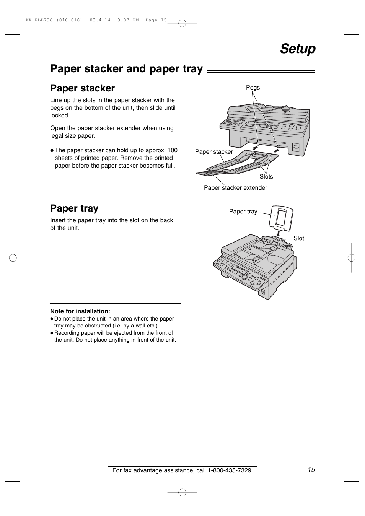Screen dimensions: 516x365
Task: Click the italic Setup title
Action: pyautogui.click(x=298, y=49)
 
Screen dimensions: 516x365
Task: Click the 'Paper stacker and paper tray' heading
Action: pyautogui.click(x=126, y=68)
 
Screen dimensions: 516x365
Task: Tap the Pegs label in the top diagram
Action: pyautogui.click(x=253, y=88)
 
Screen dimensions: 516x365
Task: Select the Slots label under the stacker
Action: pyautogui.click(x=266, y=177)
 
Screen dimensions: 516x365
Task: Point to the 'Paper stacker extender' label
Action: pyautogui.click(x=235, y=188)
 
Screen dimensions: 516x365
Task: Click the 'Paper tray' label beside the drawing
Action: pyautogui.click(x=243, y=212)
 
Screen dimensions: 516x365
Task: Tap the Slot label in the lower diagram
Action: pyautogui.click(x=299, y=238)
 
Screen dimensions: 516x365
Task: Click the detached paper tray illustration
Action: pyautogui.click(x=281, y=216)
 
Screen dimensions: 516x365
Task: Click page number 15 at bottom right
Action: pyautogui.click(x=311, y=470)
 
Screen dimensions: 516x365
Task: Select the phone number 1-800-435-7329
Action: pyautogui.click(x=230, y=471)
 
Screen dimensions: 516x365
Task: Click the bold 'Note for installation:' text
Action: pyautogui.click(x=80, y=311)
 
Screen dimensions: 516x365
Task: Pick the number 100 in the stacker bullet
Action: pyautogui.click(x=173, y=150)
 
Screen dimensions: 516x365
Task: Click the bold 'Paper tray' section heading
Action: pyautogui.click(x=74, y=208)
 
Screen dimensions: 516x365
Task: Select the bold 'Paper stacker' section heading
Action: pyautogui.click(x=82, y=88)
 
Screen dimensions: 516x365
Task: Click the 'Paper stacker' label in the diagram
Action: pyautogui.click(x=214, y=152)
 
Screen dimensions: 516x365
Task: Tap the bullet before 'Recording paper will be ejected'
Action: pyautogui.click(x=51, y=333)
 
